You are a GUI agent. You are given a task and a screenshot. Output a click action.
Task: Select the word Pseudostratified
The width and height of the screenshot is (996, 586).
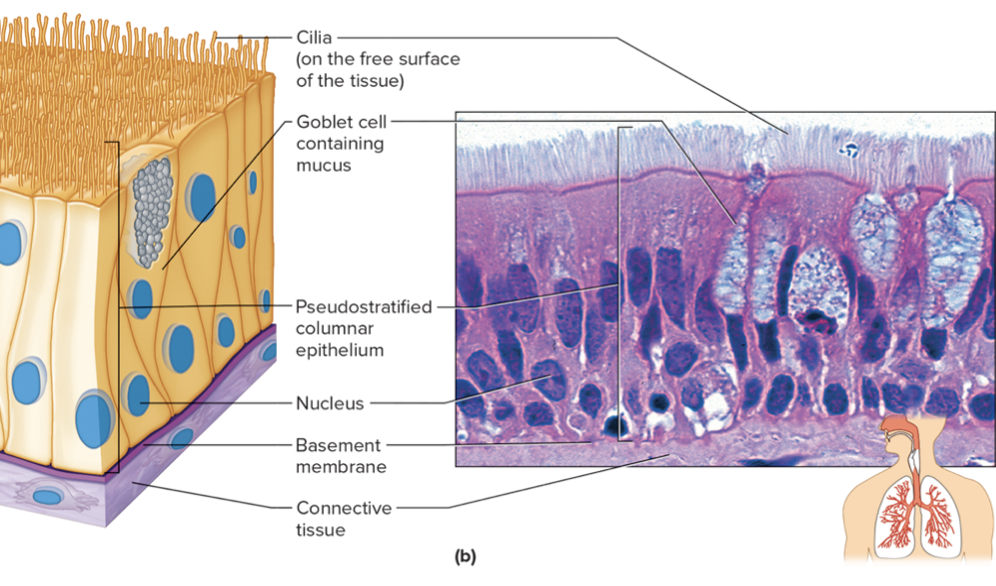click(364, 306)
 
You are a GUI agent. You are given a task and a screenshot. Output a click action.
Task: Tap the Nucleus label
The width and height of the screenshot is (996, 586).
click(330, 403)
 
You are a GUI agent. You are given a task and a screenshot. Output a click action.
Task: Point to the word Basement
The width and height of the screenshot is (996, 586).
click(338, 445)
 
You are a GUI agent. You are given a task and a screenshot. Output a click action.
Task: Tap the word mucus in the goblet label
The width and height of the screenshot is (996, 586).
click(323, 165)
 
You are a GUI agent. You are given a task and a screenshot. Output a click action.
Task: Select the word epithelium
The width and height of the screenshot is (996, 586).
click(340, 350)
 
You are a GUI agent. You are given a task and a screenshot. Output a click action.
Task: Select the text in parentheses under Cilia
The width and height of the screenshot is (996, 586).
click(378, 70)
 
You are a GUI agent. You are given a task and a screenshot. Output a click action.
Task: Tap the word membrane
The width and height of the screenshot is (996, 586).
click(341, 466)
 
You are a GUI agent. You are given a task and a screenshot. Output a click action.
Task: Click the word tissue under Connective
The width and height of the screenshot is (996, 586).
click(320, 530)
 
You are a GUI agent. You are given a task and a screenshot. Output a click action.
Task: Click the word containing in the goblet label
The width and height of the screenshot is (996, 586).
click(340, 144)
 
